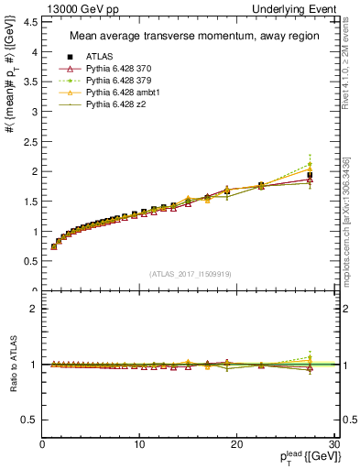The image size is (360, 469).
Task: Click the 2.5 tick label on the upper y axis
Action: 29,142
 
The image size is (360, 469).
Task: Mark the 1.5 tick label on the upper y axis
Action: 29,202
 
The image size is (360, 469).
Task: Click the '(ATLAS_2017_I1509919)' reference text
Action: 190,273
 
